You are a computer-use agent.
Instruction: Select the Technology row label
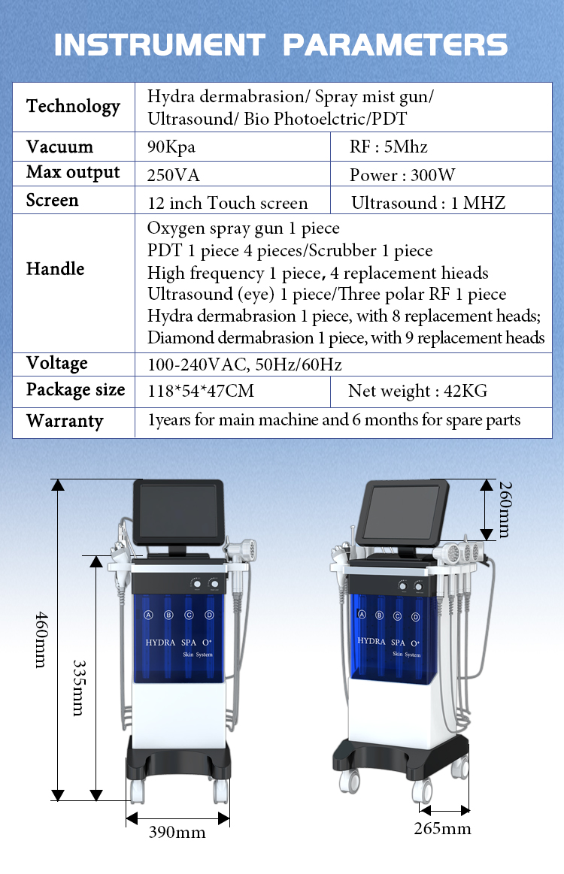pyautogui.click(x=73, y=107)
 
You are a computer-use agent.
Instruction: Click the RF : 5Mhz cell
pyautogui.click(x=389, y=147)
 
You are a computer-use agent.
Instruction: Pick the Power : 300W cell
pyautogui.click(x=402, y=176)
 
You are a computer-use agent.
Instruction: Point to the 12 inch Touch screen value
pyautogui.click(x=227, y=204)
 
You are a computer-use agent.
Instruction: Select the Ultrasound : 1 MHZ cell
pyautogui.click(x=428, y=203)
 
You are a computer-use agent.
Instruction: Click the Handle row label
pyautogui.click(x=55, y=269)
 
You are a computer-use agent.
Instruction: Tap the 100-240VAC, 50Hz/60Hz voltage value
pyautogui.click(x=244, y=365)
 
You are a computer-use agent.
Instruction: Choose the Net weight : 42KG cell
pyautogui.click(x=417, y=392)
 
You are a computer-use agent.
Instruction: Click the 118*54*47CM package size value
pyautogui.click(x=201, y=392)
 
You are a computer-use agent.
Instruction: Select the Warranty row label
pyautogui.click(x=65, y=421)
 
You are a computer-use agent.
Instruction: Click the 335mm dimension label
pyautogui.click(x=77, y=688)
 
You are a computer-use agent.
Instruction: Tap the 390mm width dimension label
pyautogui.click(x=177, y=832)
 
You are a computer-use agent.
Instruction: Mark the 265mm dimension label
pyautogui.click(x=442, y=828)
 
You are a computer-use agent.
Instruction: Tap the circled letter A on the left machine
pyautogui.click(x=148, y=615)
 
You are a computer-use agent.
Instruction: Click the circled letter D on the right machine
pyautogui.click(x=415, y=617)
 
